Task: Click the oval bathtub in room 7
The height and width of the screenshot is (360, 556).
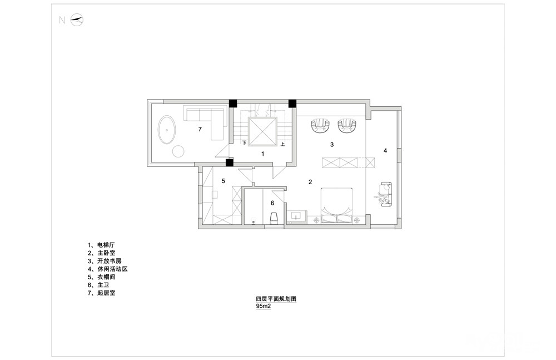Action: point(166,130)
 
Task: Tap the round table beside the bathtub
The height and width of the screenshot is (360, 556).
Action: point(178,151)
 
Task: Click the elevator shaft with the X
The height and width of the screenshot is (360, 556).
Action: point(262,131)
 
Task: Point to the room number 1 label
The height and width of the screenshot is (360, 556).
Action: point(262,154)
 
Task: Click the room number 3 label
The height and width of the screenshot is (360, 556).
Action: point(332,145)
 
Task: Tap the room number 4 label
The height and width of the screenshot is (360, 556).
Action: point(385,151)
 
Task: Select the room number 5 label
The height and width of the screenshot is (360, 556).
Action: point(223,181)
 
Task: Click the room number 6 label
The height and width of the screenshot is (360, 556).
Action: point(272,203)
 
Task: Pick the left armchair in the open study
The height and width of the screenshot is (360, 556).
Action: point(321,125)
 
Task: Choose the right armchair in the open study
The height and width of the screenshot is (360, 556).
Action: point(346,125)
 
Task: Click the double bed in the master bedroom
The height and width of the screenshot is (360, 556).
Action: point(336,205)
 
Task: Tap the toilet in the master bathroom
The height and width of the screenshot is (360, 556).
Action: point(274,218)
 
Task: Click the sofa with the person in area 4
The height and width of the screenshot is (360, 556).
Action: point(384,194)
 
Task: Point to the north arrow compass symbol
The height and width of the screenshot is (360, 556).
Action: point(77,20)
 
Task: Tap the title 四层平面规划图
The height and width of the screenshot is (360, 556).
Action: point(276,299)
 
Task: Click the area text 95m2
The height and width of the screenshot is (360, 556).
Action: point(264,306)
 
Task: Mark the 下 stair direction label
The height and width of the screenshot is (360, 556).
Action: point(244,143)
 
